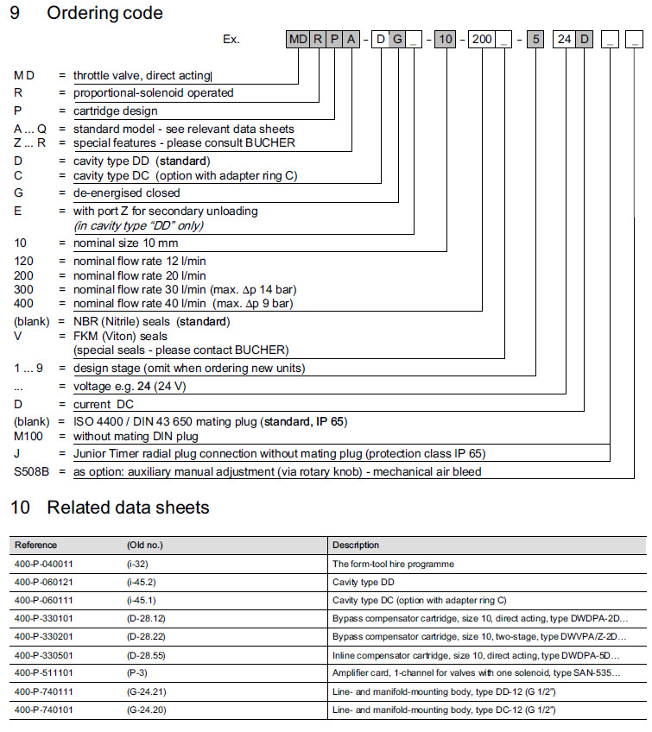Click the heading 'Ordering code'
coord(104,13)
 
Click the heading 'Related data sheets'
coord(128,508)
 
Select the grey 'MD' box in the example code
coord(298,40)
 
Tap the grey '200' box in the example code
coord(482,40)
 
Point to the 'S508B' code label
coord(31,472)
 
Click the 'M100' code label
coord(28,437)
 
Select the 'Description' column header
coord(356,545)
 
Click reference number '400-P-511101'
coord(44,672)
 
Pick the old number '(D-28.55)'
coord(146,654)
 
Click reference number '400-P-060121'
coord(44,582)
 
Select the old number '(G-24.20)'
coord(146,709)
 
